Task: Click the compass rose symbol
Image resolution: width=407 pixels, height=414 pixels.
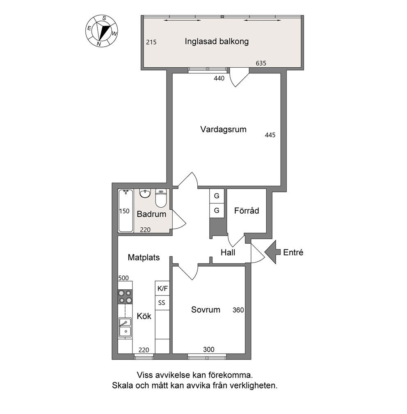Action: point(102,31)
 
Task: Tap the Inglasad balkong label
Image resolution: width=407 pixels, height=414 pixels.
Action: point(217,41)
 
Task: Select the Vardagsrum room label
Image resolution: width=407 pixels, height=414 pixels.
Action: point(223,129)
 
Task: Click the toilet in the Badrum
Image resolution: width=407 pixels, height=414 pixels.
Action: point(161,198)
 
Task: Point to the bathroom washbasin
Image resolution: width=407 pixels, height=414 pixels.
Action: point(145,194)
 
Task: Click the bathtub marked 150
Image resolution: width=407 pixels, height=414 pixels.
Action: point(126,211)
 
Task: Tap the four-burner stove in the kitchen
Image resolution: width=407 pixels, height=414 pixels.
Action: point(125,297)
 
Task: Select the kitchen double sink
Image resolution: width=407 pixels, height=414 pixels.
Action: point(125,327)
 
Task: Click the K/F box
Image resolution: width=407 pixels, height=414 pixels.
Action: point(162,288)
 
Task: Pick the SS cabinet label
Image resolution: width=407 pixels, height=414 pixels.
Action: point(162,302)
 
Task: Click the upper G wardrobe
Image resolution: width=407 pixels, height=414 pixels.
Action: point(217,196)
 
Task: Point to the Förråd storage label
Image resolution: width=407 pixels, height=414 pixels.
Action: point(247,211)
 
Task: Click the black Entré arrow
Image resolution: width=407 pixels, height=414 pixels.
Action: point(272,252)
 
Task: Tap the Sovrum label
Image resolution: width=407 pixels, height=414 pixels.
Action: point(206,309)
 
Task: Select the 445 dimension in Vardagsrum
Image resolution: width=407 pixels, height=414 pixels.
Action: point(270,135)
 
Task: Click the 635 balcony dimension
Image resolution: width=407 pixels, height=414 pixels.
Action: point(261,63)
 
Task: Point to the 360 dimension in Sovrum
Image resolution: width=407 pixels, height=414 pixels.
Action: point(238,310)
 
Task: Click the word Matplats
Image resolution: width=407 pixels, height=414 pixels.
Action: point(144,257)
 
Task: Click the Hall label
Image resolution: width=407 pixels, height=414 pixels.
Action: point(228,252)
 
